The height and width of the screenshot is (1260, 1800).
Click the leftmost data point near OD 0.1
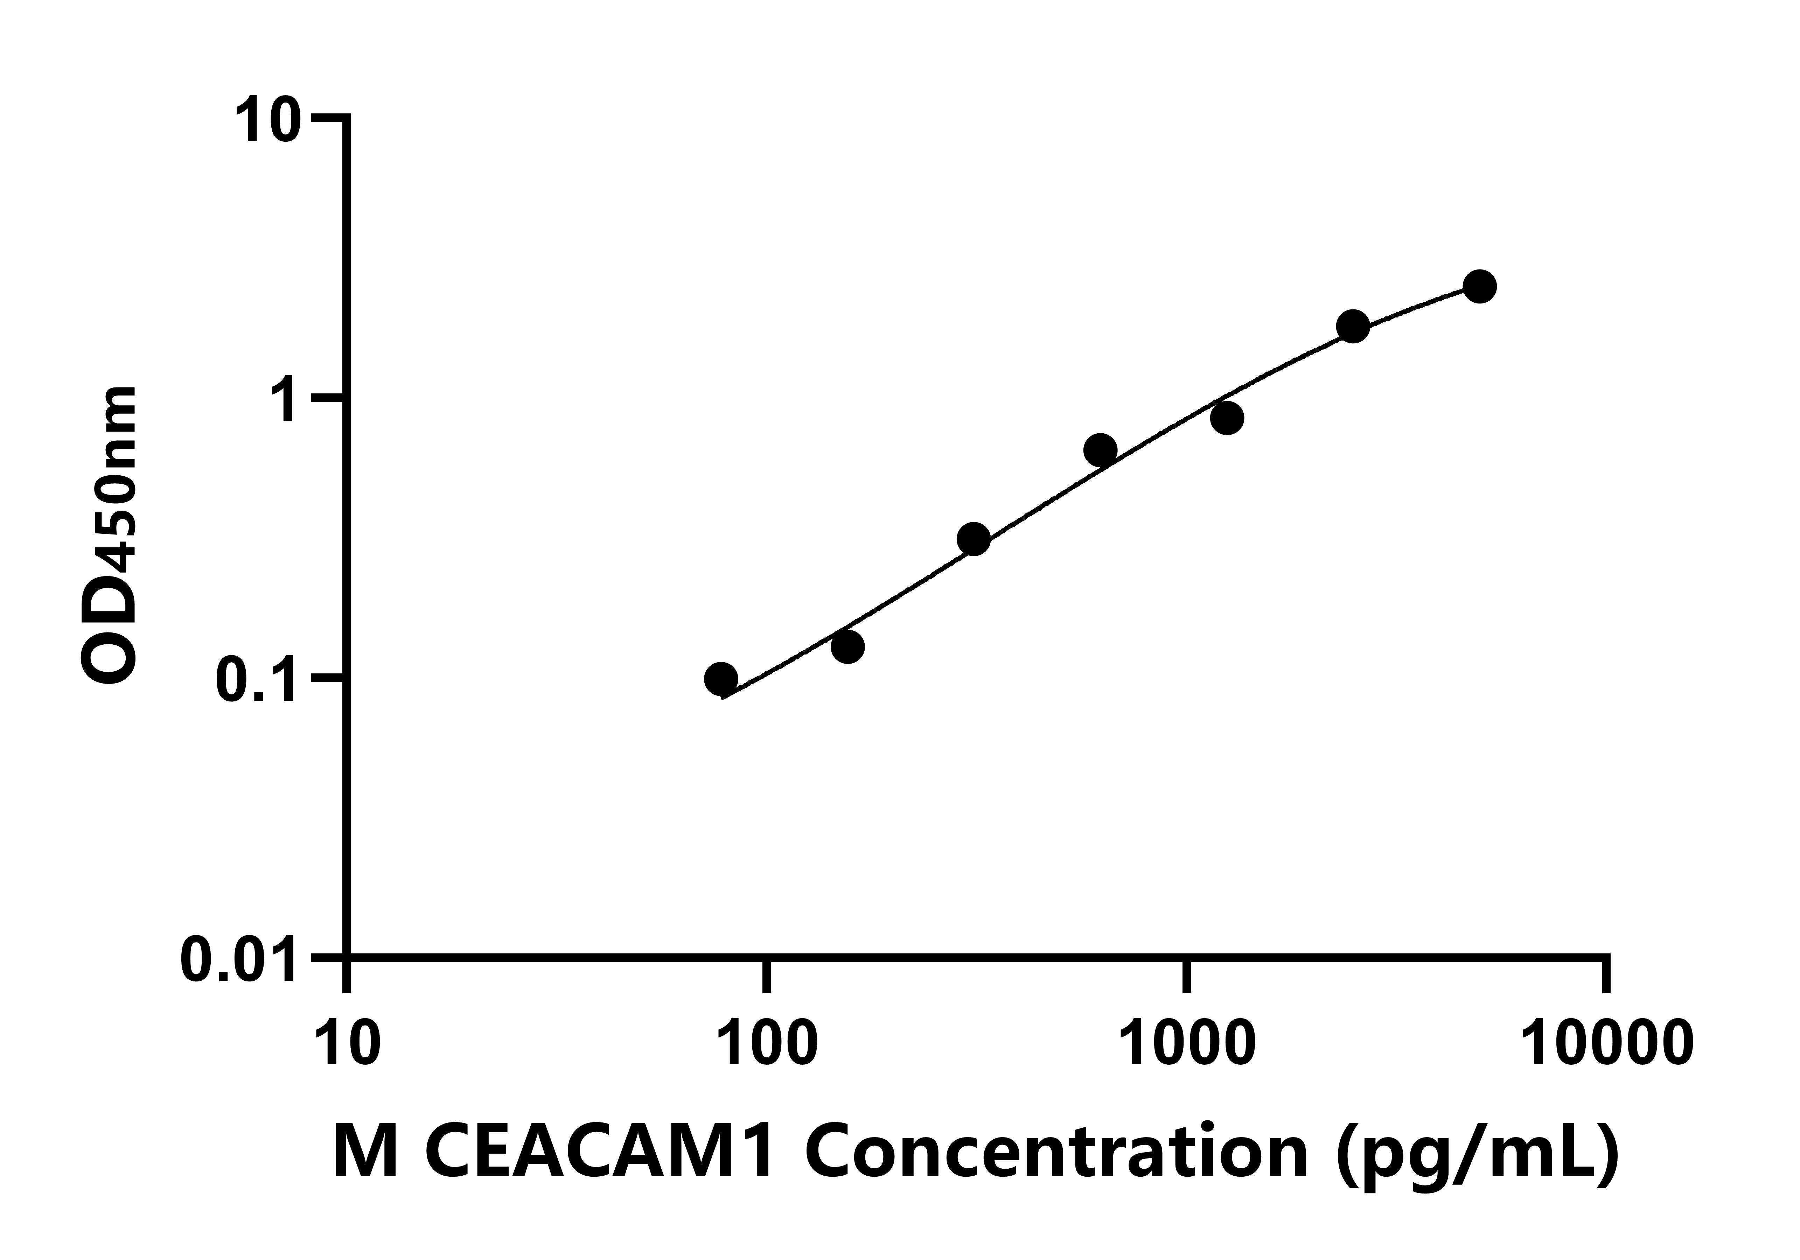720,678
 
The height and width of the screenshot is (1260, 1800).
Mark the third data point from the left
974,539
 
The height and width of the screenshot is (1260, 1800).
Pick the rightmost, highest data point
1479,286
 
